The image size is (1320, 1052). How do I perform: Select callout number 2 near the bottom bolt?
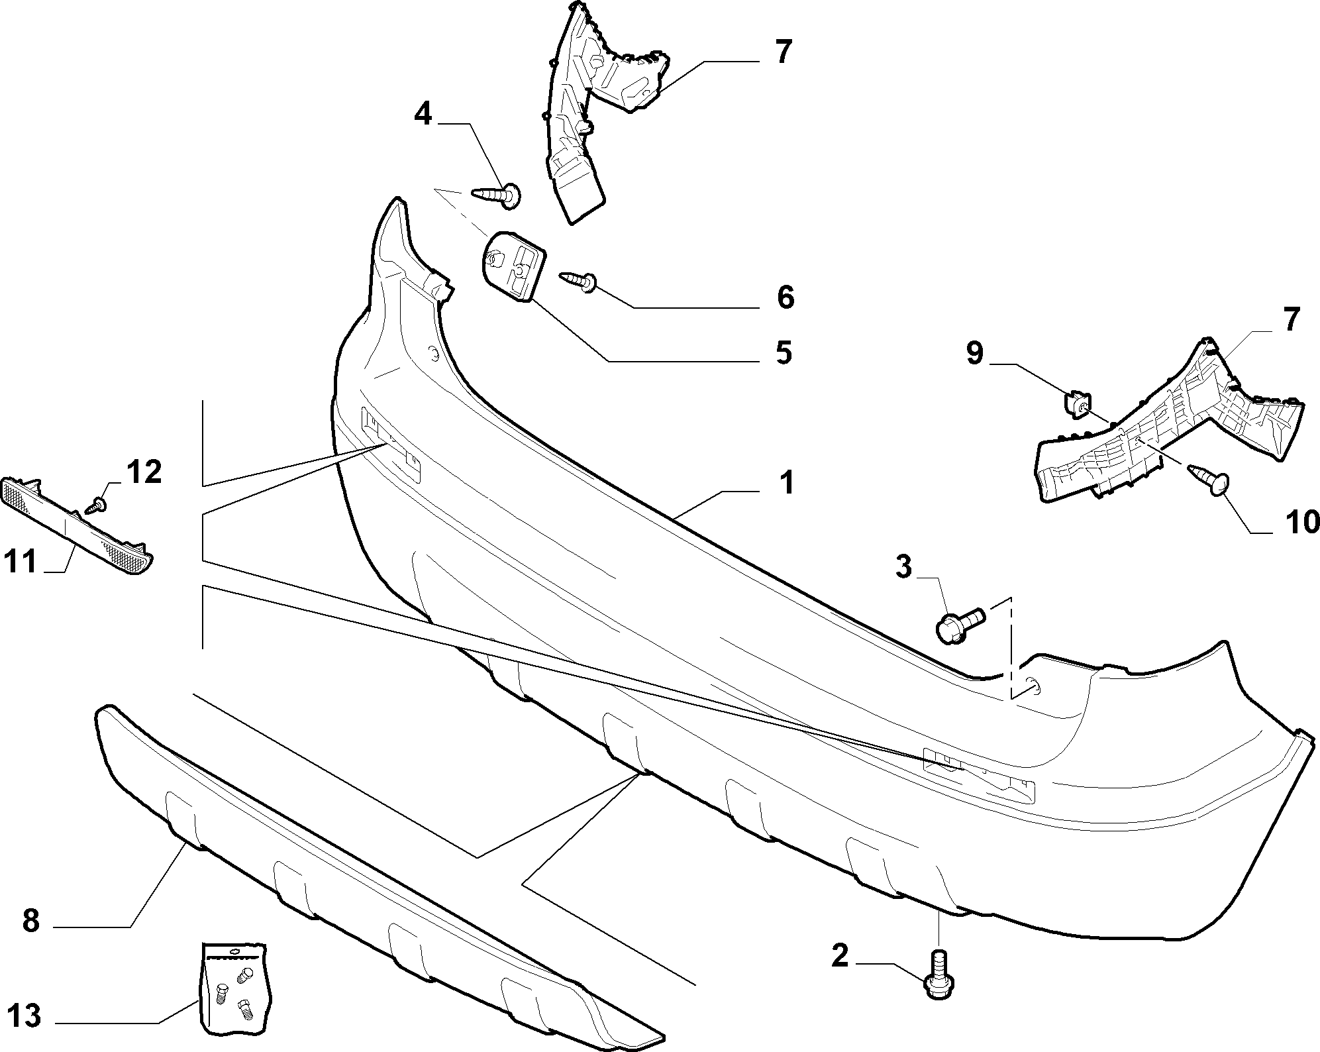click(839, 957)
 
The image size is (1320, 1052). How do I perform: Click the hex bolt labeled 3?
click(961, 623)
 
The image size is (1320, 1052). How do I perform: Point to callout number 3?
click(903, 567)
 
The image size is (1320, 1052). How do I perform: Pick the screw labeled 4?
click(497, 195)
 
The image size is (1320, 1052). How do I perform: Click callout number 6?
click(785, 297)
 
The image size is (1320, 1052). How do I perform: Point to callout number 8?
click(31, 920)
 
